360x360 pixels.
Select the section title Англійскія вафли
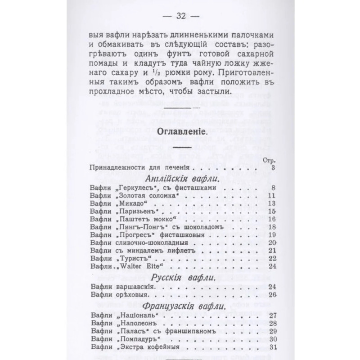point(180,180)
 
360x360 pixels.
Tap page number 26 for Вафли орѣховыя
point(270,295)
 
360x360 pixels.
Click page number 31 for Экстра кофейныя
point(270,347)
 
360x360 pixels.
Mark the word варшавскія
point(134,287)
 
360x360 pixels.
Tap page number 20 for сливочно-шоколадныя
point(270,243)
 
